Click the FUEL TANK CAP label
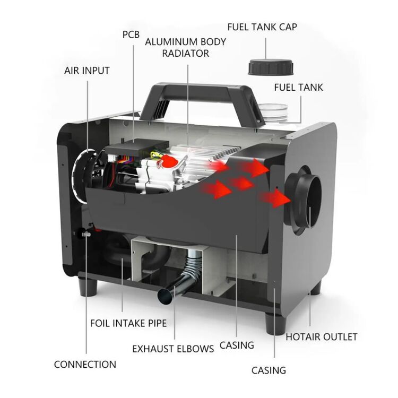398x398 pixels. pos(262,27)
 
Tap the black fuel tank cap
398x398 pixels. pos(271,67)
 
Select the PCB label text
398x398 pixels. pos(131,34)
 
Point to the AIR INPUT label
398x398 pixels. pos(87,71)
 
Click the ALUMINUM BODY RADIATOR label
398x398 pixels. pos(186,47)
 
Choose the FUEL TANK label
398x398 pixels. pos(298,88)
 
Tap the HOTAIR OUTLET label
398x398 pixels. pos(322,337)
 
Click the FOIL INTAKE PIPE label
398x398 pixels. pos(128,323)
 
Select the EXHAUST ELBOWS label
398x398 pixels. pos(173,349)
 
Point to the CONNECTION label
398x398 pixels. pos(85,365)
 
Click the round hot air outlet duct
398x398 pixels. pos(304,200)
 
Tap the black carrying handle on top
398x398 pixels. pos(201,104)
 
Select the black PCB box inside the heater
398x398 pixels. pos(137,148)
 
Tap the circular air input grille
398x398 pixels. pos(85,176)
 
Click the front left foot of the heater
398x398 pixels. pos(88,287)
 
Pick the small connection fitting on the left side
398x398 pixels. pos(84,233)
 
